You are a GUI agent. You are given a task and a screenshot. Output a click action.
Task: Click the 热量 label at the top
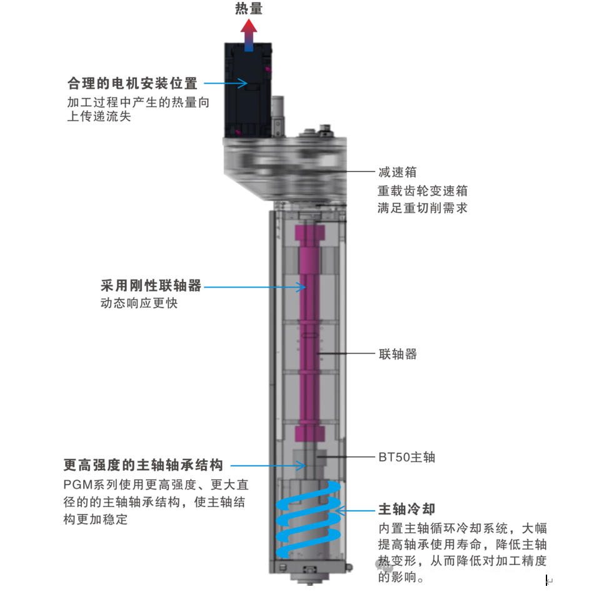[x=249, y=8]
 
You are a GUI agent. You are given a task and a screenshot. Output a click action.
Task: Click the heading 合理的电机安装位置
[x=132, y=83]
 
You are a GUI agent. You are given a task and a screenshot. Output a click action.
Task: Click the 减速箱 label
[x=397, y=172]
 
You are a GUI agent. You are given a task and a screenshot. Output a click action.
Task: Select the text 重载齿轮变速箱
[x=422, y=190]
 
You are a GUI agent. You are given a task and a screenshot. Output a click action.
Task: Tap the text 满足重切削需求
[x=422, y=208]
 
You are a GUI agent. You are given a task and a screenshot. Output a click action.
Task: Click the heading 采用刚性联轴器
[x=151, y=286]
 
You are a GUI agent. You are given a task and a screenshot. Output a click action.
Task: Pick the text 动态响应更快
[x=139, y=304]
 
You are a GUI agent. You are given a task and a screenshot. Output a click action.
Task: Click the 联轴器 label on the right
[x=398, y=354]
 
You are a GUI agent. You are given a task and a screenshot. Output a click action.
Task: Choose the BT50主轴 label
[x=406, y=457]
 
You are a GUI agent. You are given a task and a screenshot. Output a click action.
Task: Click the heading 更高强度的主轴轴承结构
[x=143, y=465]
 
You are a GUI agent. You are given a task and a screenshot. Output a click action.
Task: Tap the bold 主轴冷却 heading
[x=406, y=508]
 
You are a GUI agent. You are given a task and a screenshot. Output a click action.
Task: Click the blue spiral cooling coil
[x=310, y=519]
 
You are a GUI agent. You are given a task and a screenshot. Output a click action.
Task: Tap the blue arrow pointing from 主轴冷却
[x=356, y=511]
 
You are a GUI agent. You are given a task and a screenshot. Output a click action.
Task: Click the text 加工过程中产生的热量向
[x=138, y=102]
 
